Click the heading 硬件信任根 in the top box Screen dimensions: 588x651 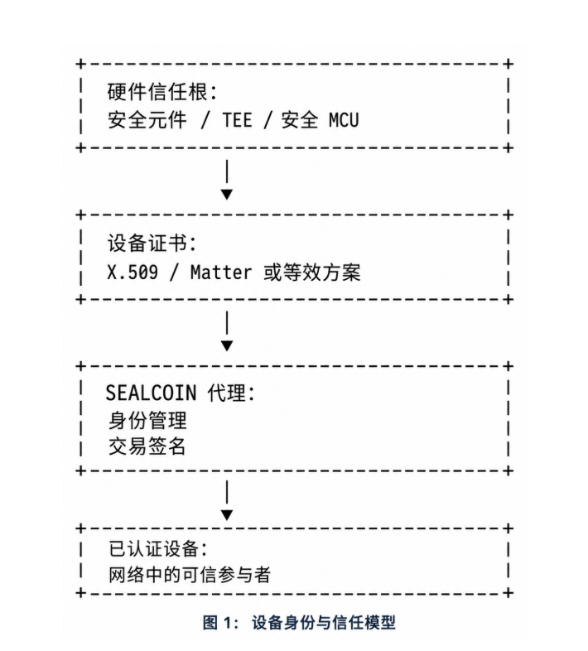157,92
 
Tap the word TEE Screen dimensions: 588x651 237,120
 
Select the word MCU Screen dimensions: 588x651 344,120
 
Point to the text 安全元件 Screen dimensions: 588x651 147,120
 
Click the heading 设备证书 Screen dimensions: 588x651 147,243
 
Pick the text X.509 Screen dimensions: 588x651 133,272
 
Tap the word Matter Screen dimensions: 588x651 221,272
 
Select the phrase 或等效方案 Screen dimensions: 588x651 312,272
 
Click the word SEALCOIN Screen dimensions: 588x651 151,393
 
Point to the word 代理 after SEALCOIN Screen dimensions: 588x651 227,393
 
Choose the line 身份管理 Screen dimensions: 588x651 147,421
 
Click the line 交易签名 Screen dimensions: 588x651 147,446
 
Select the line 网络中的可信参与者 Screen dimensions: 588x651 190,575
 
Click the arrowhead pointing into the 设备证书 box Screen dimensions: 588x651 227,195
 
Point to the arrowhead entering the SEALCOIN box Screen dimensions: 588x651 227,346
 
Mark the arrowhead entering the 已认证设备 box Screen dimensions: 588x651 227,515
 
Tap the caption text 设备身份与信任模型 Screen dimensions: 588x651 324,622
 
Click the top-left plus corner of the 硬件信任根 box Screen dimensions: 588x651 81,64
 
